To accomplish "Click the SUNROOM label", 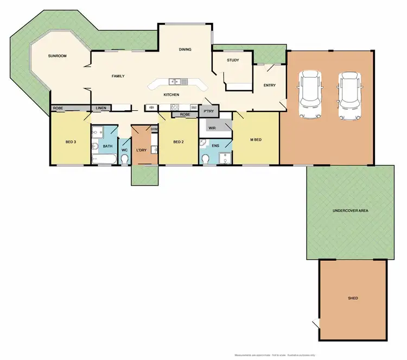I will pos(57,56).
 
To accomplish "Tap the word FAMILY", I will pos(118,76).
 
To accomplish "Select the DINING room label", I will pos(186,50).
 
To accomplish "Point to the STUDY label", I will pos(233,61).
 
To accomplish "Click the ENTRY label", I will pos(269,85).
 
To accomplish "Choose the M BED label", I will pos(256,140).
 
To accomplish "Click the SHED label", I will pos(353,298).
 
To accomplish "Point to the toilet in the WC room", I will pos(124,159).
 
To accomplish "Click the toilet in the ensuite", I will pos(206,159).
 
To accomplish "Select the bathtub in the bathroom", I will pos(103,159).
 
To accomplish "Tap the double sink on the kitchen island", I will pos(178,82).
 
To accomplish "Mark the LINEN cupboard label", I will pos(101,108).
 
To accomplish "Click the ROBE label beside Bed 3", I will pos(58,108).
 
